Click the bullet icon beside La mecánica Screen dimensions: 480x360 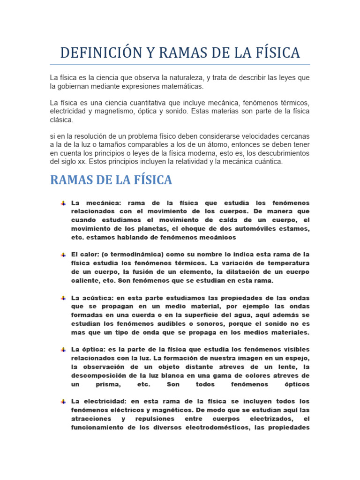(63, 203)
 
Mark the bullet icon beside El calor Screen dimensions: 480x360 (63, 255)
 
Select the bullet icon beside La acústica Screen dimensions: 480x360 (63, 298)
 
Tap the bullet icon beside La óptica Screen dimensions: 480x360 (63, 350)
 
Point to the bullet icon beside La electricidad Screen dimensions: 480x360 (63, 402)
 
